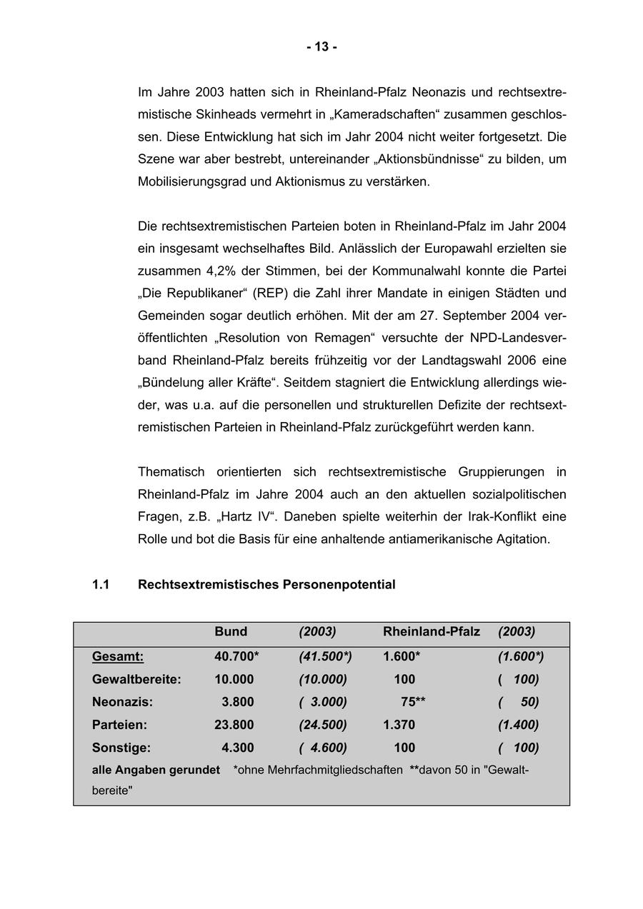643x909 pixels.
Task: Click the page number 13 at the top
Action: (321, 47)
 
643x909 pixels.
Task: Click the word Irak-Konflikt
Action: (465, 516)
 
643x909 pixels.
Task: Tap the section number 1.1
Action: (101, 585)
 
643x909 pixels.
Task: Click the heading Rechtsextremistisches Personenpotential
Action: (266, 585)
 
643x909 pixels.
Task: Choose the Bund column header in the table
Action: (231, 632)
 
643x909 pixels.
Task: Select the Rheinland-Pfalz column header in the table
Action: (432, 632)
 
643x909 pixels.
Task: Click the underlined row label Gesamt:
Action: (118, 656)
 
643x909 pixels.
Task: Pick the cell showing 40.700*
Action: (236, 656)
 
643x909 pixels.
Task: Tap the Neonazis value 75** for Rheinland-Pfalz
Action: (413, 702)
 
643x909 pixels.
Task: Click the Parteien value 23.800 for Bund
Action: (234, 725)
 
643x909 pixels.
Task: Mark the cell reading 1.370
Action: (399, 725)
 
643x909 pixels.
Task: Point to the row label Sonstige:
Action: (121, 748)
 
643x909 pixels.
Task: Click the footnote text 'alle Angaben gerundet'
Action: (156, 770)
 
